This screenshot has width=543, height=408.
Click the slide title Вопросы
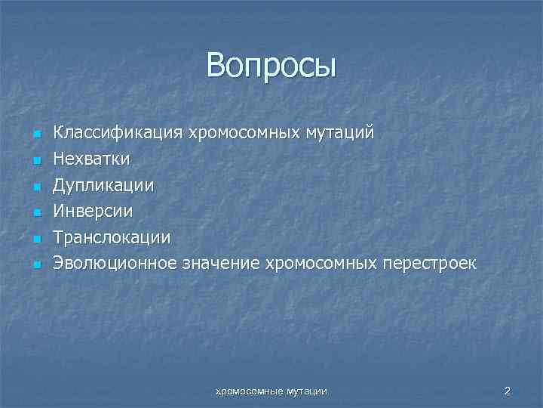(271, 66)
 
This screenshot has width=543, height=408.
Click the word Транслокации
(111, 237)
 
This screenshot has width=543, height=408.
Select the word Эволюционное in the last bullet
(115, 264)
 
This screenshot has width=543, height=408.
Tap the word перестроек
(430, 264)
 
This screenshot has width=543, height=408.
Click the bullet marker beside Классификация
(35, 134)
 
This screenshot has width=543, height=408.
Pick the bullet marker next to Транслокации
(35, 239)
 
